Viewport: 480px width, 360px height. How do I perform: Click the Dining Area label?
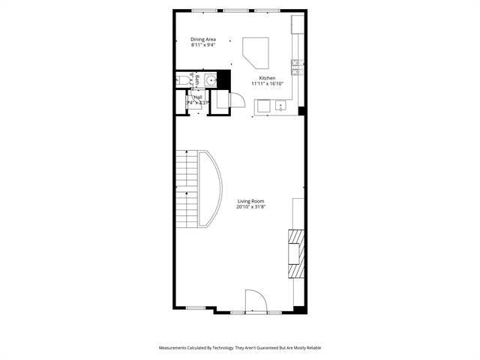coord(203,39)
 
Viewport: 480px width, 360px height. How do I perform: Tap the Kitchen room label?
coord(267,78)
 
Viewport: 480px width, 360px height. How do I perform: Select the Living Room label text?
coord(251,200)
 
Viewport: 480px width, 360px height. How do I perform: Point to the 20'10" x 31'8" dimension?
coord(251,206)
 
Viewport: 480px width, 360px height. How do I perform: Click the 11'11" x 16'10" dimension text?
coord(267,84)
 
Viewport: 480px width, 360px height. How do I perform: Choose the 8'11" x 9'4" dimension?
coord(203,45)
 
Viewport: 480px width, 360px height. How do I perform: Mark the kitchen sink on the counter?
coord(280,105)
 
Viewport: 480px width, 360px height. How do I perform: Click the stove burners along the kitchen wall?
coord(296,67)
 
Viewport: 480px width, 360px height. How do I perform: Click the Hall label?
coord(198,97)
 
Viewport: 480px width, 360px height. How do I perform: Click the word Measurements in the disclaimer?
coord(177,348)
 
